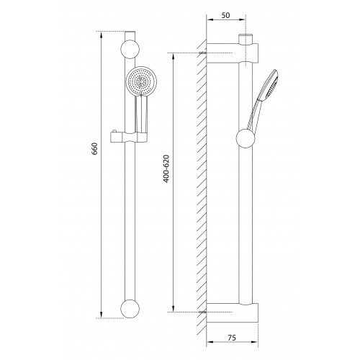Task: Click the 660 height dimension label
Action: click(x=95, y=148)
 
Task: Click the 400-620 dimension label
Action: click(x=166, y=168)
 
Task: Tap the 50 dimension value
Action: click(x=225, y=15)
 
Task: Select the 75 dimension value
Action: click(x=232, y=338)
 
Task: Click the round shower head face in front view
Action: click(x=141, y=81)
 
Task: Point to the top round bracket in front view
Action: click(x=130, y=49)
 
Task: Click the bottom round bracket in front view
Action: click(x=130, y=309)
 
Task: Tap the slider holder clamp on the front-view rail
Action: click(x=128, y=138)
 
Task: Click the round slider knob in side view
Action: click(x=246, y=138)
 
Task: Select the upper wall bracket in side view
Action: click(x=233, y=53)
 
